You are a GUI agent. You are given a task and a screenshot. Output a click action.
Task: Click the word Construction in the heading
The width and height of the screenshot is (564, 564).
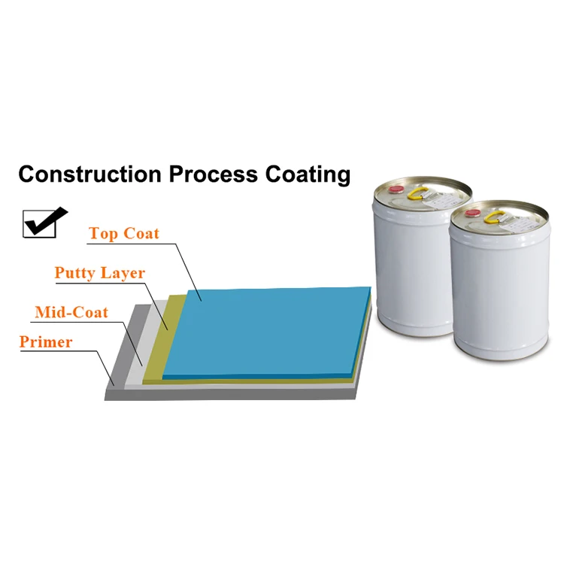89,174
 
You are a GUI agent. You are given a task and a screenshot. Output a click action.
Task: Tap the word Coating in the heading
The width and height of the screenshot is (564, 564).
308,174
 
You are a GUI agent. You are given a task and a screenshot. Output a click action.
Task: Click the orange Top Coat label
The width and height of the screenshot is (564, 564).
124,233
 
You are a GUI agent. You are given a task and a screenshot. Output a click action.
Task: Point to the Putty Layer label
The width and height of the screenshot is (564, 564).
99,272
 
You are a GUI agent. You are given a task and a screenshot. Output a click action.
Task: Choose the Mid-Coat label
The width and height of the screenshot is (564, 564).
71,312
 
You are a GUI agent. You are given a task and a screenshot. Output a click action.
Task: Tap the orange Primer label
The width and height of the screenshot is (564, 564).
46,342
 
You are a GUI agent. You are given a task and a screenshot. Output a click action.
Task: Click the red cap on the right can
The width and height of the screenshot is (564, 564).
473,214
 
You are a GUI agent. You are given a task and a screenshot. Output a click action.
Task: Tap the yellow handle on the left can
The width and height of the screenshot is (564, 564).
417,195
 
